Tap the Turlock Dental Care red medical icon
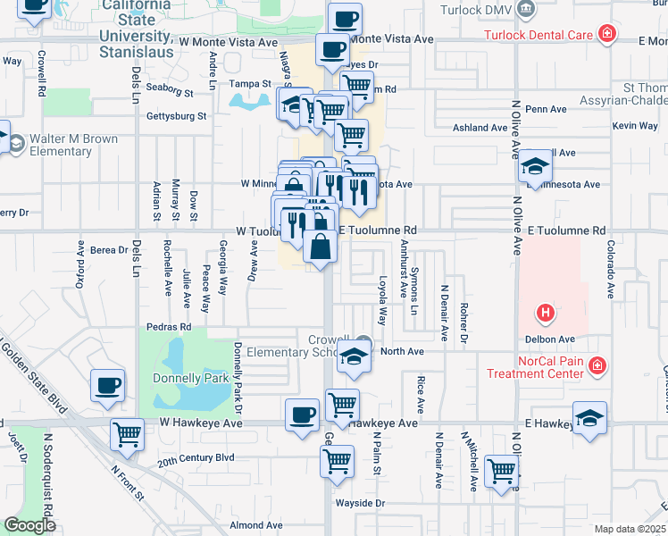click(x=607, y=35)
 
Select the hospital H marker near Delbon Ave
click(x=545, y=314)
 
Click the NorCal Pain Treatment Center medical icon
click(x=597, y=365)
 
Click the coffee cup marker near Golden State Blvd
click(x=107, y=386)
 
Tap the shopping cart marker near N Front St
click(x=127, y=434)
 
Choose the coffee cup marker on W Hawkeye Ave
click(x=302, y=415)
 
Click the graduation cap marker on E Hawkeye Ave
click(x=589, y=418)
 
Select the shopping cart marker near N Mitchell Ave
click(x=501, y=469)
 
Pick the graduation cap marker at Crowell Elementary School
click(x=354, y=357)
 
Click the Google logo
click(x=30, y=525)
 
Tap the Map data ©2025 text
click(x=630, y=529)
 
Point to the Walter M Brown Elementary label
click(x=73, y=146)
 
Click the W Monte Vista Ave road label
click(x=228, y=42)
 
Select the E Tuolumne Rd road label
click(x=566, y=230)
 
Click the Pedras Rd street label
click(x=174, y=328)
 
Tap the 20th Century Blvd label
click(x=196, y=458)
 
